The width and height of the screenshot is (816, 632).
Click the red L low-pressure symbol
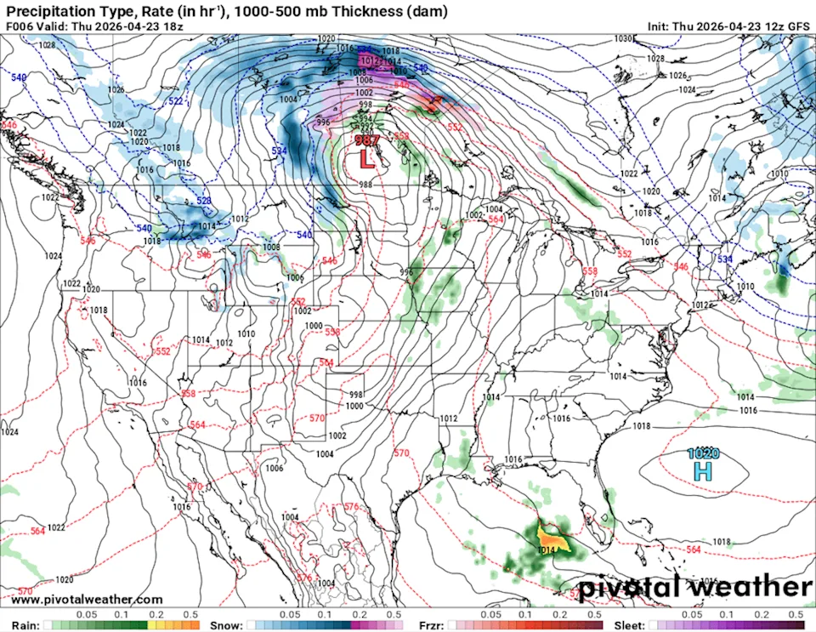[x=366, y=158]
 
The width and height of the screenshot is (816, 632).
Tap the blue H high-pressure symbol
[x=703, y=470]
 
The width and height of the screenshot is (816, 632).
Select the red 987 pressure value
[x=366, y=141]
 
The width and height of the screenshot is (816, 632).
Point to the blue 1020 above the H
[x=703, y=453]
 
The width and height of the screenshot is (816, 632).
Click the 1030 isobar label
[x=623, y=38]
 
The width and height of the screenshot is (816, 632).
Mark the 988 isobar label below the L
[x=365, y=185]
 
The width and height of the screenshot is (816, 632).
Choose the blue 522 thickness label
[x=175, y=101]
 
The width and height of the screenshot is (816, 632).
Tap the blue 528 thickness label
[x=203, y=201]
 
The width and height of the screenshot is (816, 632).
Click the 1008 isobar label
[x=271, y=248]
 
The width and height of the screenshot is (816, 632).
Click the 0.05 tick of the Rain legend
[x=85, y=614]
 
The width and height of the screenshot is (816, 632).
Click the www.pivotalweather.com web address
[x=87, y=600]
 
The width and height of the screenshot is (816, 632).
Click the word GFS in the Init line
[x=798, y=26]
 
